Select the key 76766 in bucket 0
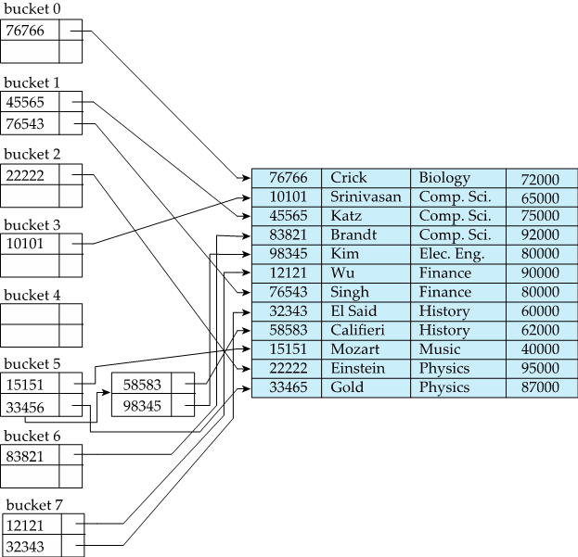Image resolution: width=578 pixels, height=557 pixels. (25, 31)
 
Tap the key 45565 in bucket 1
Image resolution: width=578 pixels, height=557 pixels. (25, 103)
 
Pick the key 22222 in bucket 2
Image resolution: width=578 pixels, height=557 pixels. (25, 174)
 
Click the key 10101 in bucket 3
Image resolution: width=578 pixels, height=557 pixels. (25, 244)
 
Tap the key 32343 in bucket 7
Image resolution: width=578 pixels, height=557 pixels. (25, 546)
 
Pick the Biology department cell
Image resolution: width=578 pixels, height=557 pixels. (444, 178)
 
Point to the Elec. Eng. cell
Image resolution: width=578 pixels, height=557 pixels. (451, 254)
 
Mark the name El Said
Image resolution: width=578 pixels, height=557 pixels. (353, 311)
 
